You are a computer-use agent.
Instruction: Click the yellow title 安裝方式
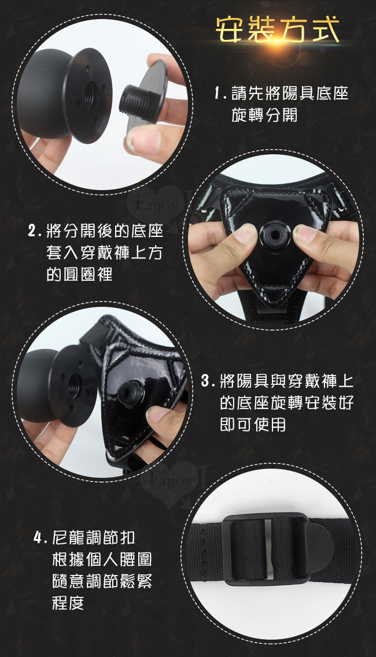(277, 30)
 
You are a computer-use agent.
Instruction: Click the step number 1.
(218, 94)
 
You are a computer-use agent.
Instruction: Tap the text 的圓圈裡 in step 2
(79, 274)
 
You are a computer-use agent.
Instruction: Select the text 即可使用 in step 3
(253, 425)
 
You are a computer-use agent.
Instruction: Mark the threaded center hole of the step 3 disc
(74, 385)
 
